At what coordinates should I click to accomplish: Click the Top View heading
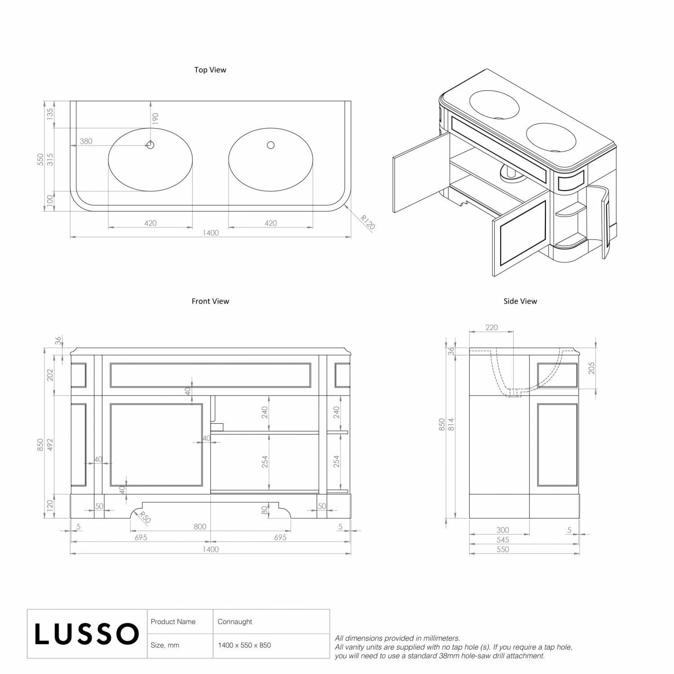point(210,70)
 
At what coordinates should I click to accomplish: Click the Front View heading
point(210,301)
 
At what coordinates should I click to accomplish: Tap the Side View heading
point(520,301)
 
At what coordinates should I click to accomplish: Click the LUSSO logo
point(87,634)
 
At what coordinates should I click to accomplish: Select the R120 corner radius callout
point(368,222)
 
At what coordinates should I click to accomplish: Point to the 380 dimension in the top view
point(86,141)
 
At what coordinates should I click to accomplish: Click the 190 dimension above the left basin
point(155,119)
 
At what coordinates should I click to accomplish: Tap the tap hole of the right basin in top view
point(270,145)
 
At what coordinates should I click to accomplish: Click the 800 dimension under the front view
point(200,527)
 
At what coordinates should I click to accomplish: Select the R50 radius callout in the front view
point(145,518)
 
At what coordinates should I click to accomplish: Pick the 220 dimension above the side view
point(492,328)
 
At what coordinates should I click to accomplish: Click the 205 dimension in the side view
point(591,368)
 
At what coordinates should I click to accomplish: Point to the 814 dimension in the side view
point(451,425)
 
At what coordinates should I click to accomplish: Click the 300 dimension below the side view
point(503,530)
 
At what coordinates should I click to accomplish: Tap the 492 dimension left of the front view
point(50,445)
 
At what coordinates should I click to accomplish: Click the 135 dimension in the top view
point(50,113)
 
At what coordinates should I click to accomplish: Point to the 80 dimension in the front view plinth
point(265,510)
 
